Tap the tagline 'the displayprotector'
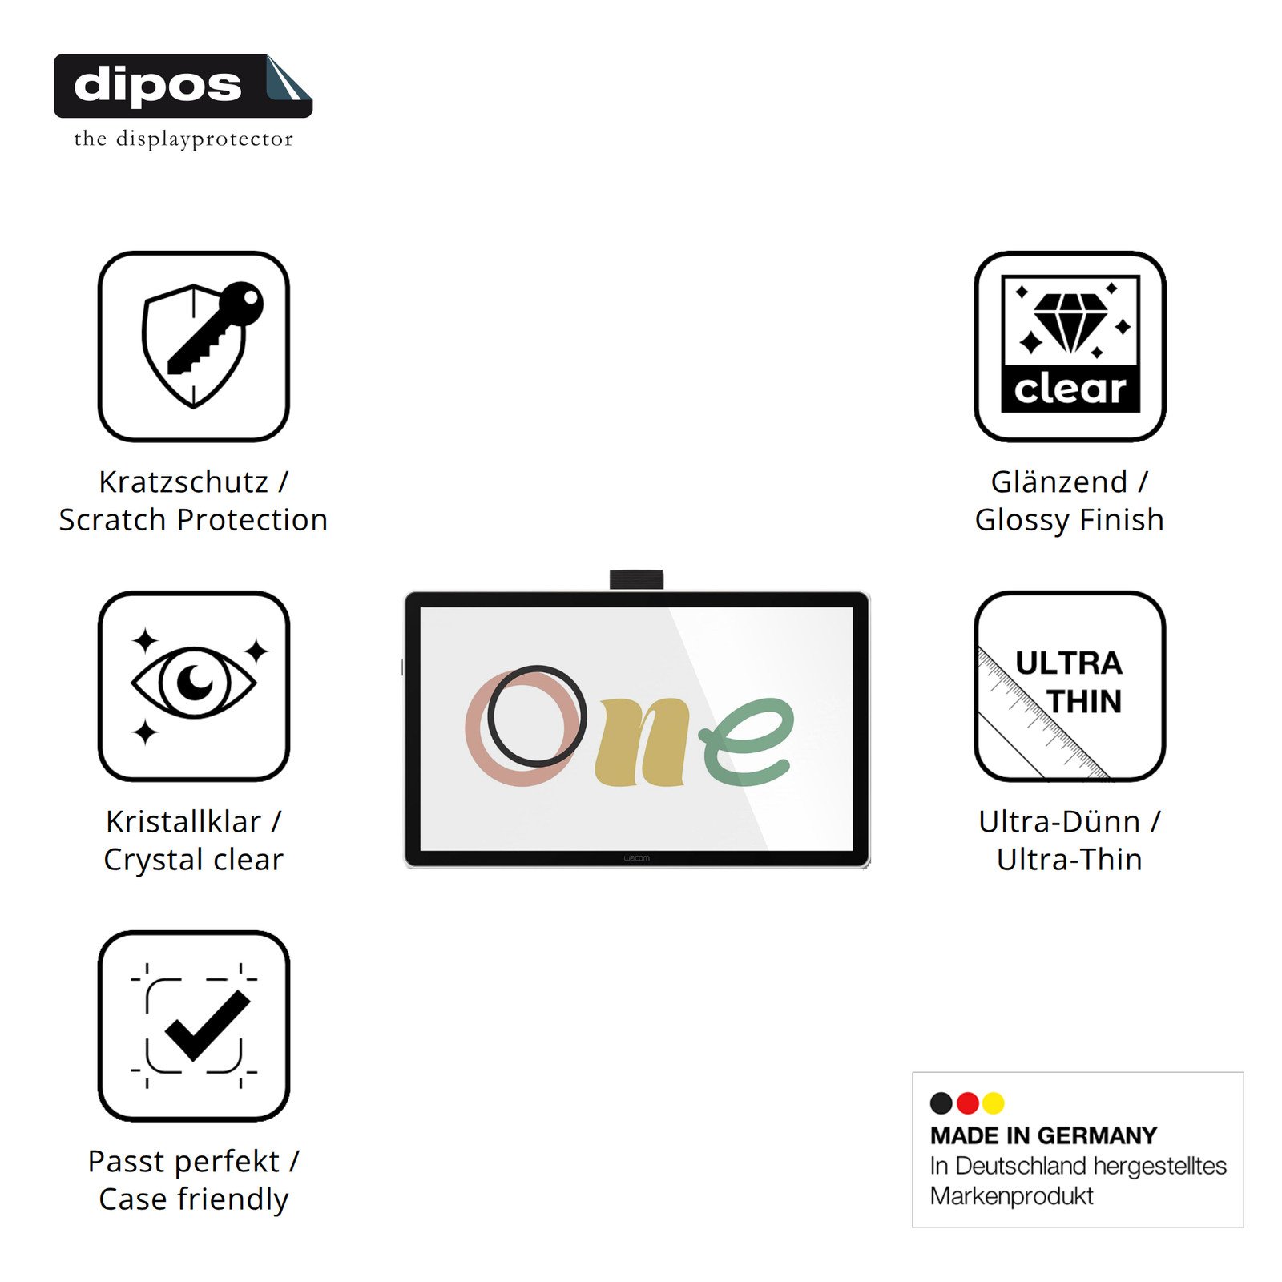click(x=183, y=139)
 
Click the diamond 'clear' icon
click(x=1070, y=346)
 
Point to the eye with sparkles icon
click(x=194, y=686)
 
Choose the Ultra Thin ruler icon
click(x=1070, y=686)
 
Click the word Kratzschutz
click(x=183, y=482)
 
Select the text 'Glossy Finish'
click(x=1070, y=520)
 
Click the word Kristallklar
click(x=183, y=821)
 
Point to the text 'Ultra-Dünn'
click(x=1059, y=821)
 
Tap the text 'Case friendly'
click(x=194, y=1199)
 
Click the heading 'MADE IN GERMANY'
click(x=1043, y=1135)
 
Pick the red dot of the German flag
click(x=968, y=1103)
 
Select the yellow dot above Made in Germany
click(x=994, y=1103)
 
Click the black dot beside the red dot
click(x=941, y=1103)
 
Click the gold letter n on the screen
click(x=642, y=741)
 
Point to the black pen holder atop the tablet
click(x=636, y=579)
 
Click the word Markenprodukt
click(x=1011, y=1196)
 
